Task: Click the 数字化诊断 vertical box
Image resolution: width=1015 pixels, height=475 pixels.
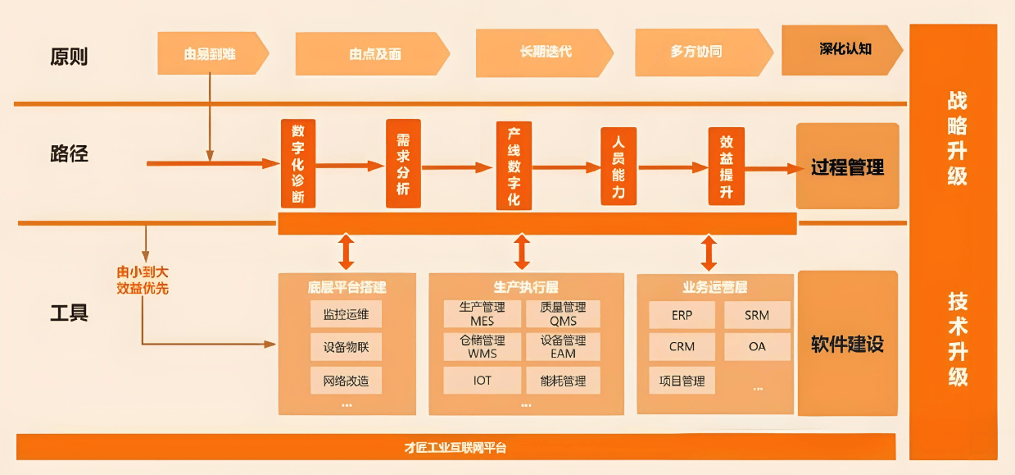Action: point(297,163)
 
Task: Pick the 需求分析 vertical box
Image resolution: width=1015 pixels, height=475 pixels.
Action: point(402,163)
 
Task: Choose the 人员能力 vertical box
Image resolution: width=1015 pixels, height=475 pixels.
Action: point(618,165)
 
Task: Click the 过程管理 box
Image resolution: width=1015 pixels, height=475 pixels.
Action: point(847,167)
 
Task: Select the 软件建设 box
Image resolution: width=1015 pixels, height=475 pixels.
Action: point(847,344)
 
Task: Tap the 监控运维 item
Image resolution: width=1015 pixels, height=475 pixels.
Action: point(346,314)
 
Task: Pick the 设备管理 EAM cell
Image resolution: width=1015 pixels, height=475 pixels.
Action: point(563,347)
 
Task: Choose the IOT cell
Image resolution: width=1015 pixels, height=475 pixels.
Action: point(482,381)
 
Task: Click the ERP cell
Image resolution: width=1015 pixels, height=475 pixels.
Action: point(682,315)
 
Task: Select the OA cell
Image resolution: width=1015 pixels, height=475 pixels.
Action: point(757,347)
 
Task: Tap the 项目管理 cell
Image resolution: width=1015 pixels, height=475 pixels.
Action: point(682,381)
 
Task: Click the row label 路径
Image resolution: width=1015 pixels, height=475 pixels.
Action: point(69,153)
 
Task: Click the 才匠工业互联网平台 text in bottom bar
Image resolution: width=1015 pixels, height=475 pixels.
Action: point(455,448)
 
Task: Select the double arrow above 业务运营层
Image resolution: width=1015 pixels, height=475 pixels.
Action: point(709,253)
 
